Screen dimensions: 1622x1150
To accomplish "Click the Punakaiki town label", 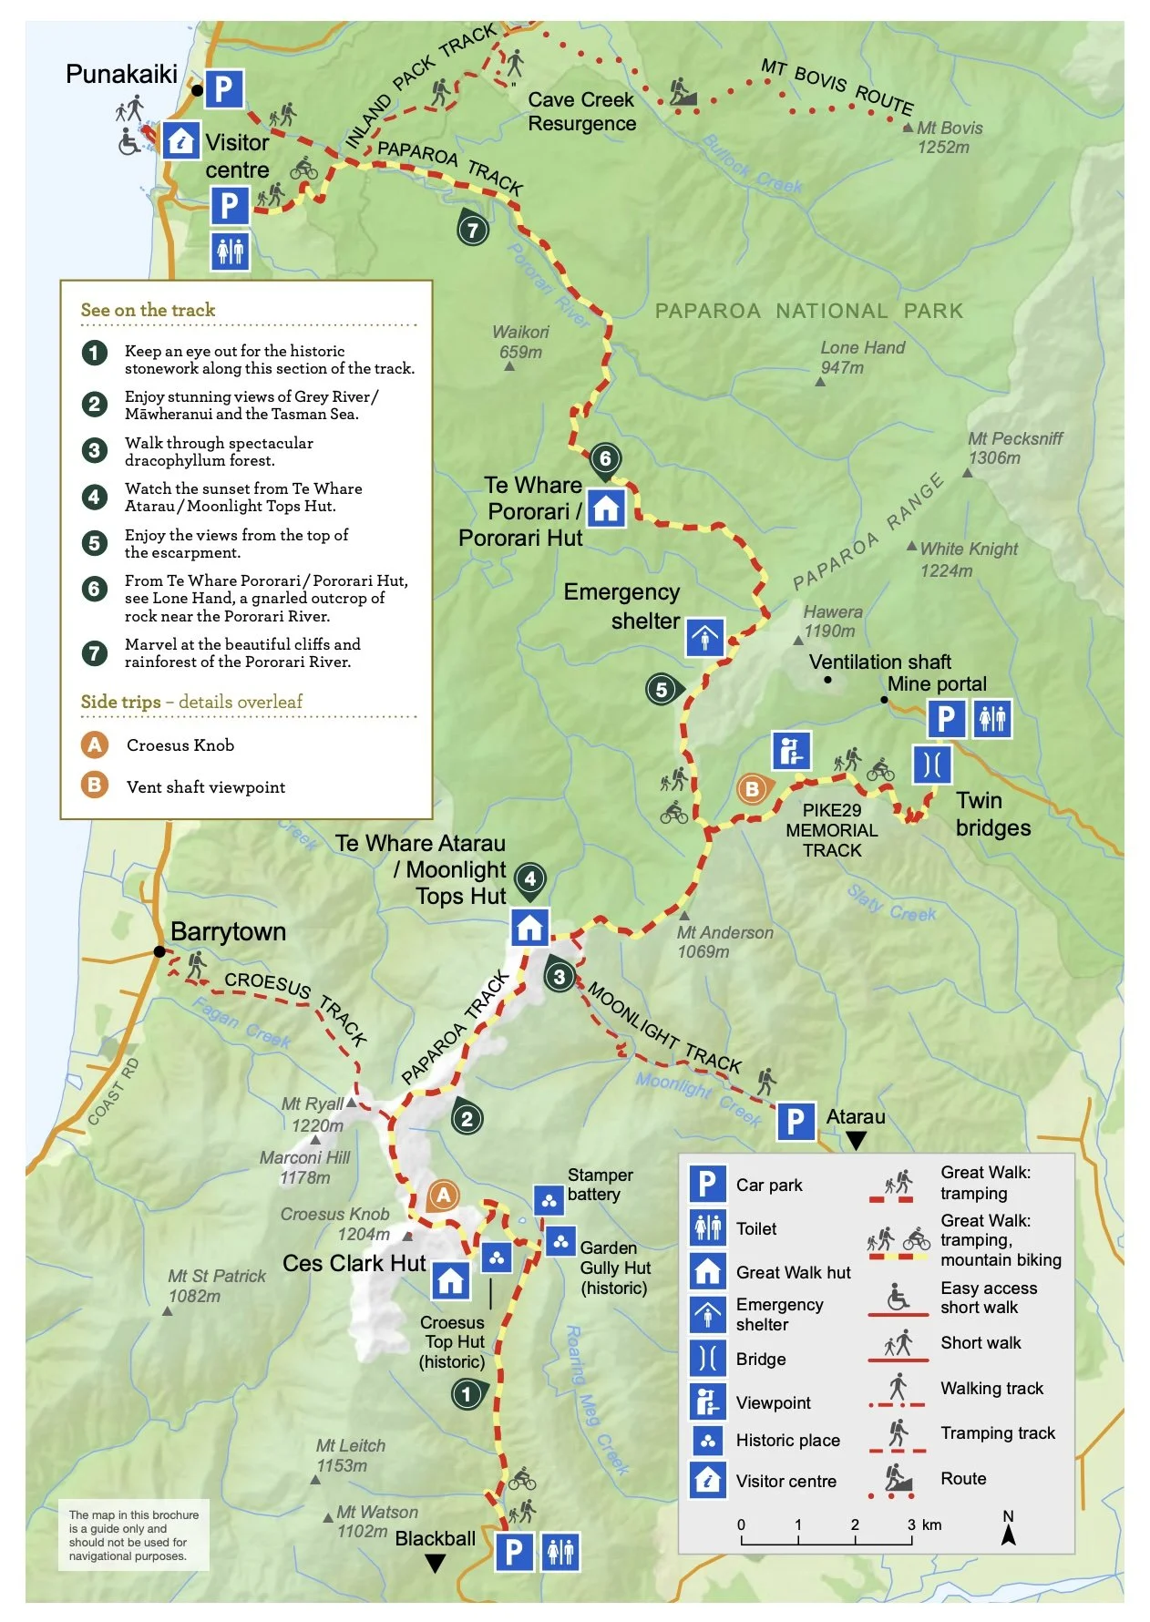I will (x=121, y=74).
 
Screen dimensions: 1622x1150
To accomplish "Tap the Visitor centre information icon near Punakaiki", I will (x=181, y=141).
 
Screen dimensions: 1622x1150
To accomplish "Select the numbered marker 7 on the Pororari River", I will (x=472, y=229).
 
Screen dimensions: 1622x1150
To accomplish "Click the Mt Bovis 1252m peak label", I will (x=949, y=138).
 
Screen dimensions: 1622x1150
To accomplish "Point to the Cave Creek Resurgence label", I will (x=581, y=111).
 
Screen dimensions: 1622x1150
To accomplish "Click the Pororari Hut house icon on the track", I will (x=606, y=508).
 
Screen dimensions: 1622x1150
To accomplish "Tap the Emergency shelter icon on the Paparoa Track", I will (x=705, y=637).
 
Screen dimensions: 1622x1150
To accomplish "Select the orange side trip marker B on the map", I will (x=753, y=789).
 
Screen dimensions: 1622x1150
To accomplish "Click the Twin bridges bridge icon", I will (x=932, y=764).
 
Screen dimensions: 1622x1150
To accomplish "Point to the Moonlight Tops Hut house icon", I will (x=529, y=928).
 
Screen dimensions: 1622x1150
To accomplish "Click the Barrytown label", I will (x=228, y=931).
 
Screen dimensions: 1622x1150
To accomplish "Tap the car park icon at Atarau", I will (x=796, y=1121).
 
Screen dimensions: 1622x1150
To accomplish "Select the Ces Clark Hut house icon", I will (x=450, y=1281).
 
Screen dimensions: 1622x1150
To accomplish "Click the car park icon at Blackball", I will (x=514, y=1551).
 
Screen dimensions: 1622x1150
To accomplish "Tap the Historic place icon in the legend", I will (x=707, y=1441).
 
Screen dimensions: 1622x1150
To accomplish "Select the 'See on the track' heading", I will (x=148, y=310).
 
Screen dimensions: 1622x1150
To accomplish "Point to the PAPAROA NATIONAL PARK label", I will (x=808, y=311).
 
